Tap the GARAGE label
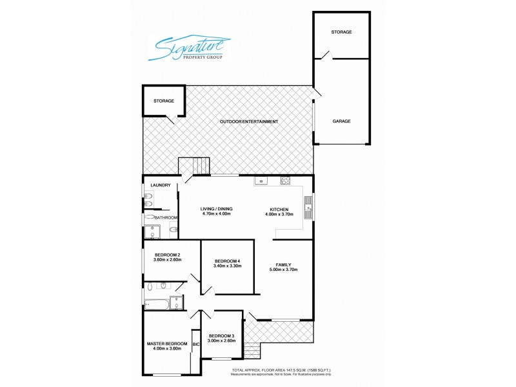click(x=341, y=121)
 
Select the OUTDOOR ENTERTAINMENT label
click(x=249, y=121)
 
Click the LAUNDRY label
click(x=160, y=186)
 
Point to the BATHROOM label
click(x=166, y=218)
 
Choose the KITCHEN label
click(x=279, y=208)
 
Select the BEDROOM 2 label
click(x=168, y=255)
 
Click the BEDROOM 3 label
click(x=221, y=335)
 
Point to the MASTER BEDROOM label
click(x=166, y=343)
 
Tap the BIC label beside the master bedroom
click(x=195, y=344)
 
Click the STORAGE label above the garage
click(x=341, y=32)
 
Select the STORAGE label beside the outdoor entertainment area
click(x=163, y=101)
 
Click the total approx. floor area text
click(x=281, y=370)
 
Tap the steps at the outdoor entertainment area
click(x=195, y=166)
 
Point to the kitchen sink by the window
click(x=308, y=208)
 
